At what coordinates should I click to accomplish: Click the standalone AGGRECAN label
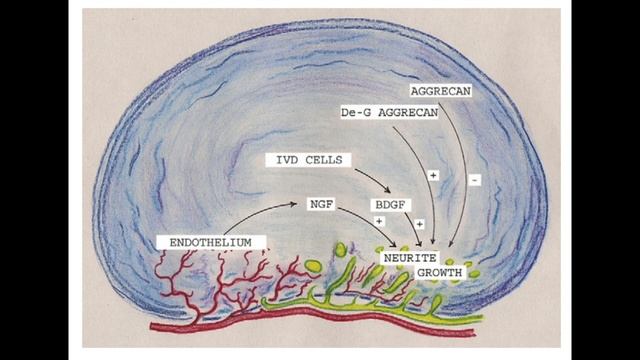pos(441,91)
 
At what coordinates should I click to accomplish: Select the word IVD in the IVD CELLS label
pos(285,160)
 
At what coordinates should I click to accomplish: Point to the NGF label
pos(322,204)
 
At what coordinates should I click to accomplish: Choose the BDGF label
pos(390,205)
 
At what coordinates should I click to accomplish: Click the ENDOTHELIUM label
pos(211,242)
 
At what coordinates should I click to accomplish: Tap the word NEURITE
pos(410,258)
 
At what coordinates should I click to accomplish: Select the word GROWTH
pos(440,273)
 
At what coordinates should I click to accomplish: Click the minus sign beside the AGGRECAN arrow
pos(474,180)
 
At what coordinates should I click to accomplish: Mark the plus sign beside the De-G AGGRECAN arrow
pos(433,176)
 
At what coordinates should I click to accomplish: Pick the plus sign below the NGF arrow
pos(380,221)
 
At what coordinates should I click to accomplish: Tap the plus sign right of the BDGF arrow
pos(420,224)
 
